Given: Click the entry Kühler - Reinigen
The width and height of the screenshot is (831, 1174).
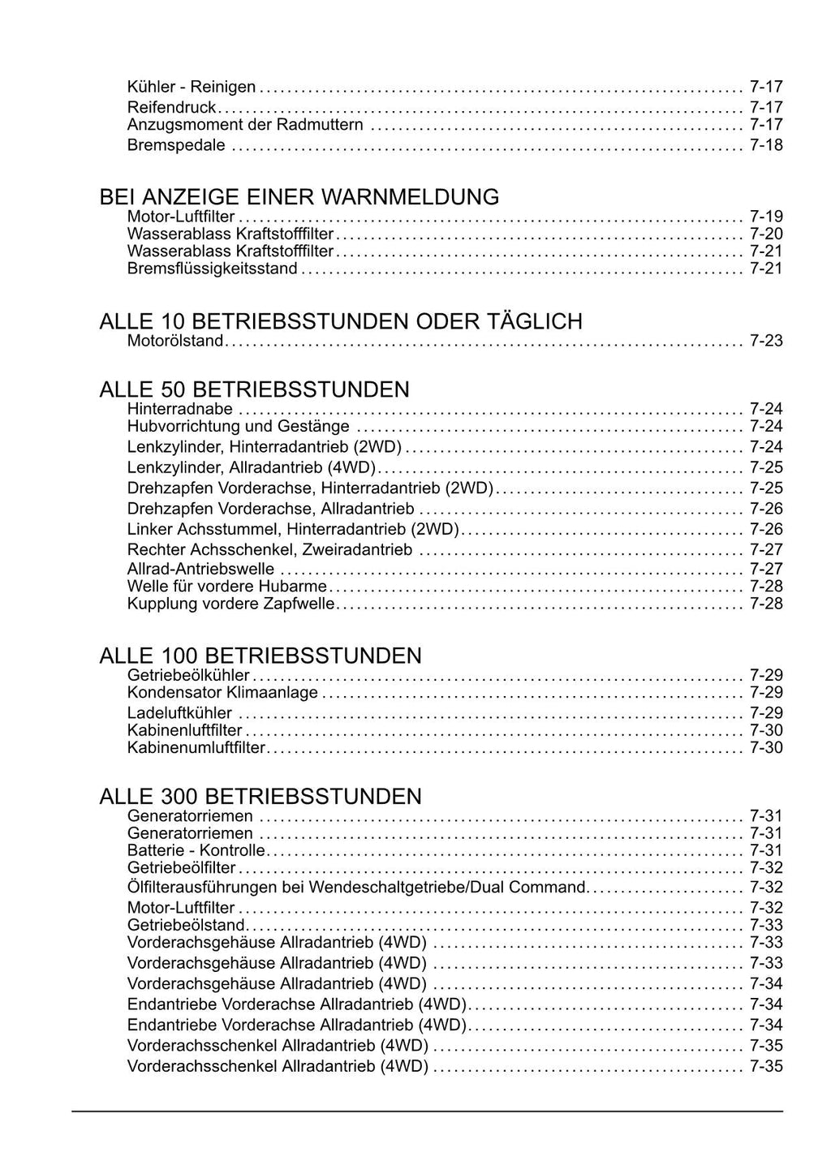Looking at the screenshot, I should (192, 87).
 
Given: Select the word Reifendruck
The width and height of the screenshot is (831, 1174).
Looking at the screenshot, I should (171, 107).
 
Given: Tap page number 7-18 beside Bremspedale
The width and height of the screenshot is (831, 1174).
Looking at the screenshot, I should (766, 145).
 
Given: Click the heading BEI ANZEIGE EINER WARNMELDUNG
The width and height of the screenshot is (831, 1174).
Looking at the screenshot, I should (299, 197).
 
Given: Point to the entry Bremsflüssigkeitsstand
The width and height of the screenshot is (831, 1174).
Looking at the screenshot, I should (213, 269).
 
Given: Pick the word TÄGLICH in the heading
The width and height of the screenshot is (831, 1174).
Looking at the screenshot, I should (538, 322).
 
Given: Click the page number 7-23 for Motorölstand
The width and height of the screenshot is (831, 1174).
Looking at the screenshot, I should (766, 341).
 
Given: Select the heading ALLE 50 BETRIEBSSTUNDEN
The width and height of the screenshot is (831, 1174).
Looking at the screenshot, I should (254, 389).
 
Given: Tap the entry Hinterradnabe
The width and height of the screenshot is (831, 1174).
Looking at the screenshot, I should (180, 409).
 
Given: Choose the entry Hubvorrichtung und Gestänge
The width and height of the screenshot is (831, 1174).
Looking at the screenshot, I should (239, 427).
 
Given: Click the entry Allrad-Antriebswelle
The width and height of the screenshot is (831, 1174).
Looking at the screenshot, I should (200, 569).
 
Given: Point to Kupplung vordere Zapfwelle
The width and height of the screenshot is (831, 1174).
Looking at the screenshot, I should (230, 604).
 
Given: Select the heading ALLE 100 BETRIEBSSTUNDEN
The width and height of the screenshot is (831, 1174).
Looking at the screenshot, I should (260, 656).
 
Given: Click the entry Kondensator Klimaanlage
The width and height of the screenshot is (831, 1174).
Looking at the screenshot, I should (222, 693).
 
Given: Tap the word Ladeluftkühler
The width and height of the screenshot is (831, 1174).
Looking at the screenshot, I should (179, 713).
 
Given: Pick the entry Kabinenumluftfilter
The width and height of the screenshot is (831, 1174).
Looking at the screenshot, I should (196, 747).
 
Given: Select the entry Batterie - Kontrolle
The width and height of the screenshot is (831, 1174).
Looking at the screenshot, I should (196, 850).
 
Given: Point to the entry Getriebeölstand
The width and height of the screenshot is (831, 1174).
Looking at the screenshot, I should (186, 925).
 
